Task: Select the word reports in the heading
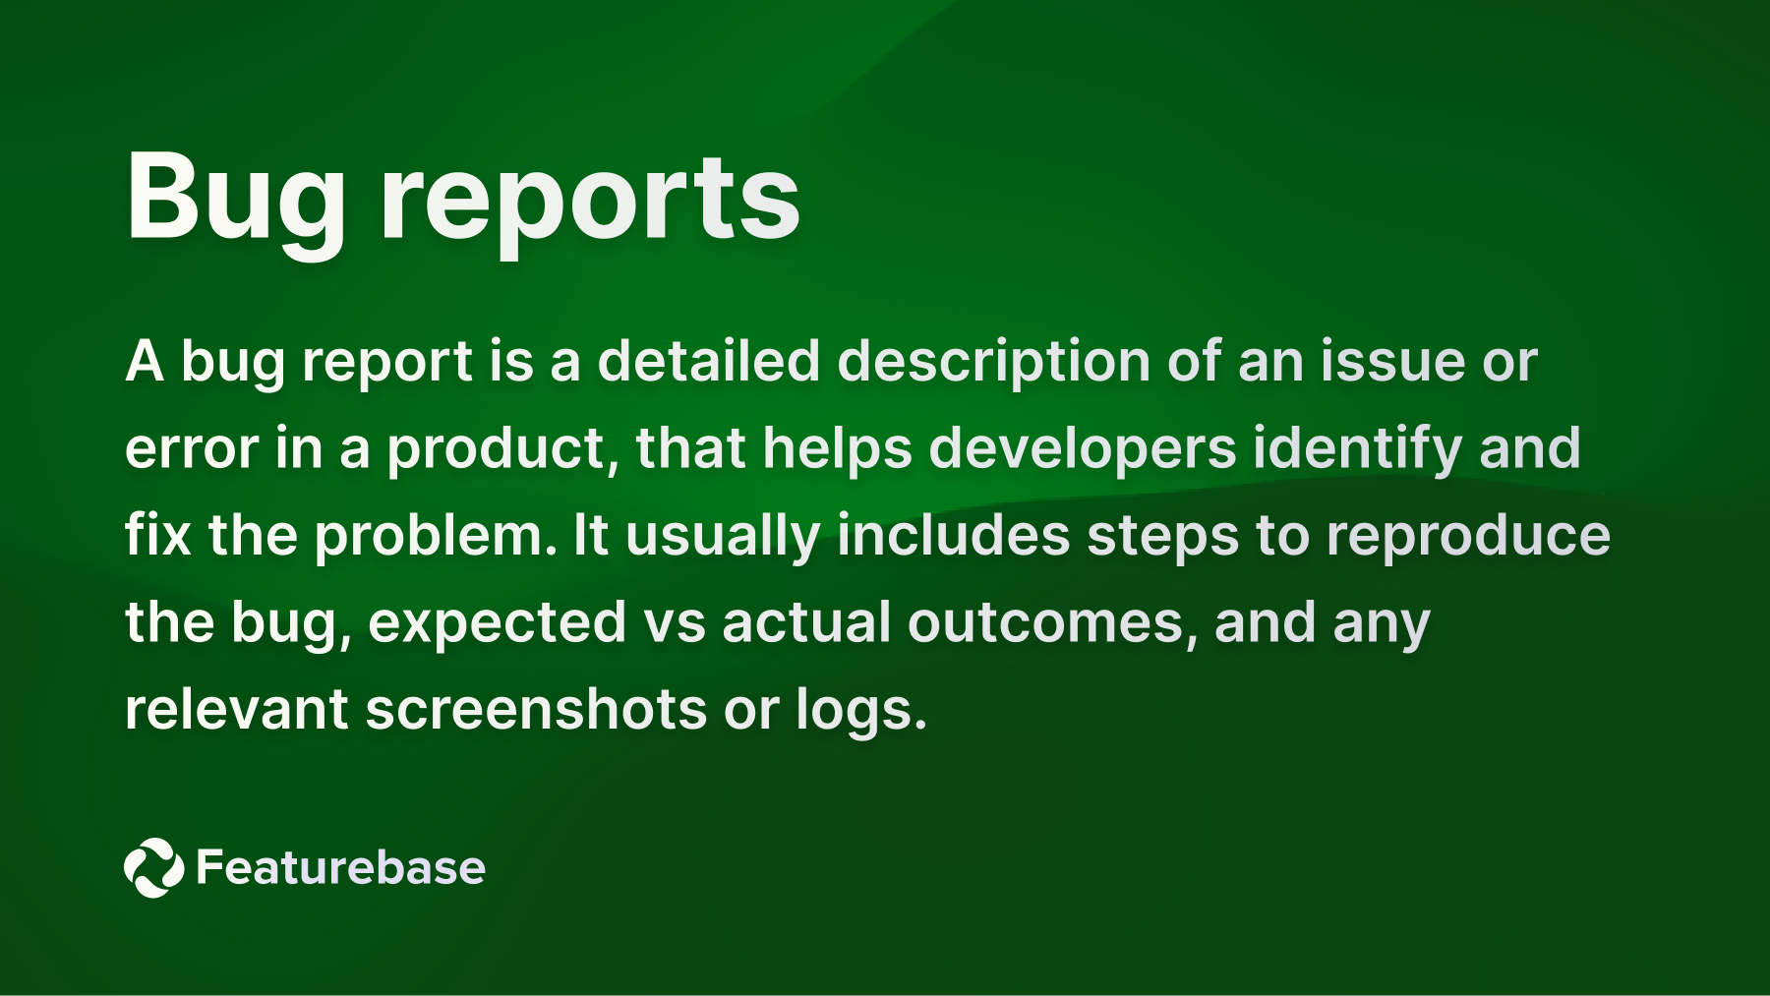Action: click(591, 200)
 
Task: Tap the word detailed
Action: click(708, 361)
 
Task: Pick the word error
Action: click(192, 450)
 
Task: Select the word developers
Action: click(1082, 450)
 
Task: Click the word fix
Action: click(157, 536)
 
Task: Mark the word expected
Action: click(497, 624)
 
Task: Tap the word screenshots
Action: click(536, 710)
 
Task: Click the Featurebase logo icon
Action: click(154, 868)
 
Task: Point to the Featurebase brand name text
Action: click(340, 868)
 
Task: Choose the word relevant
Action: click(236, 710)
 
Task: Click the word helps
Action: click(838, 450)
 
